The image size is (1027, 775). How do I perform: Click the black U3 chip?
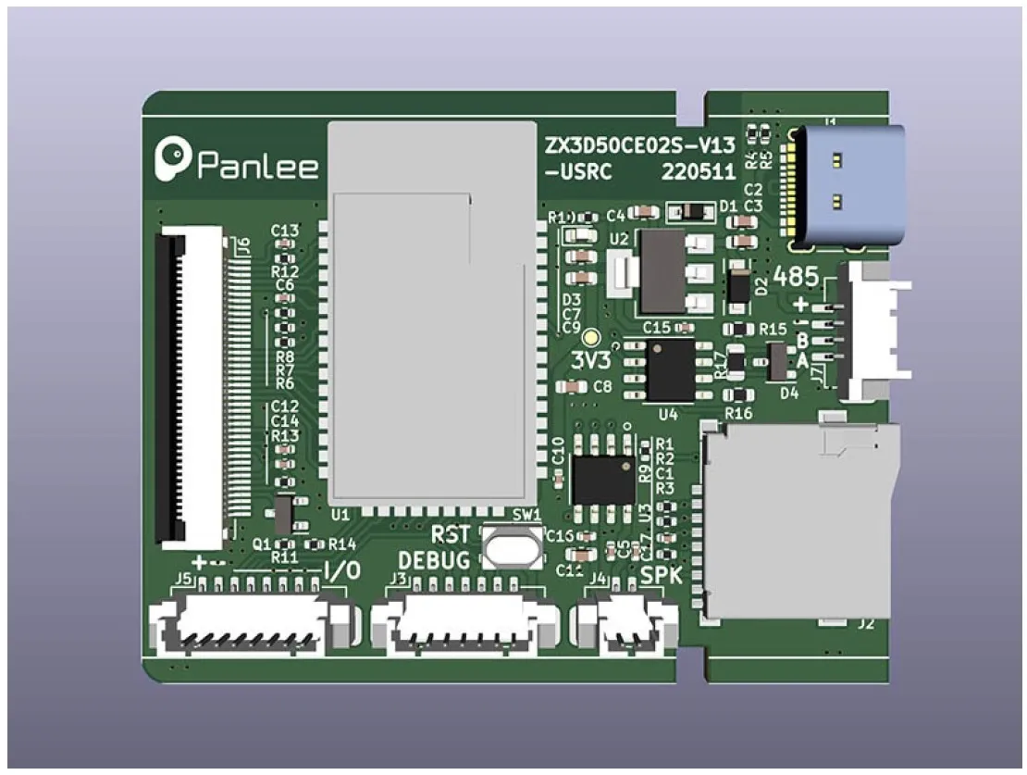pos(603,480)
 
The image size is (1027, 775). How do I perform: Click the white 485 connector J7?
pos(870,331)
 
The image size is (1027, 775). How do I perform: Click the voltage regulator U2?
pos(663,271)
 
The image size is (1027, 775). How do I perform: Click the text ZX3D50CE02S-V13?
pos(641,144)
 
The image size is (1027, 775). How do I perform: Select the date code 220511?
pos(699,171)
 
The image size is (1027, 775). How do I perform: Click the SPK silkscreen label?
pos(661,575)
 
